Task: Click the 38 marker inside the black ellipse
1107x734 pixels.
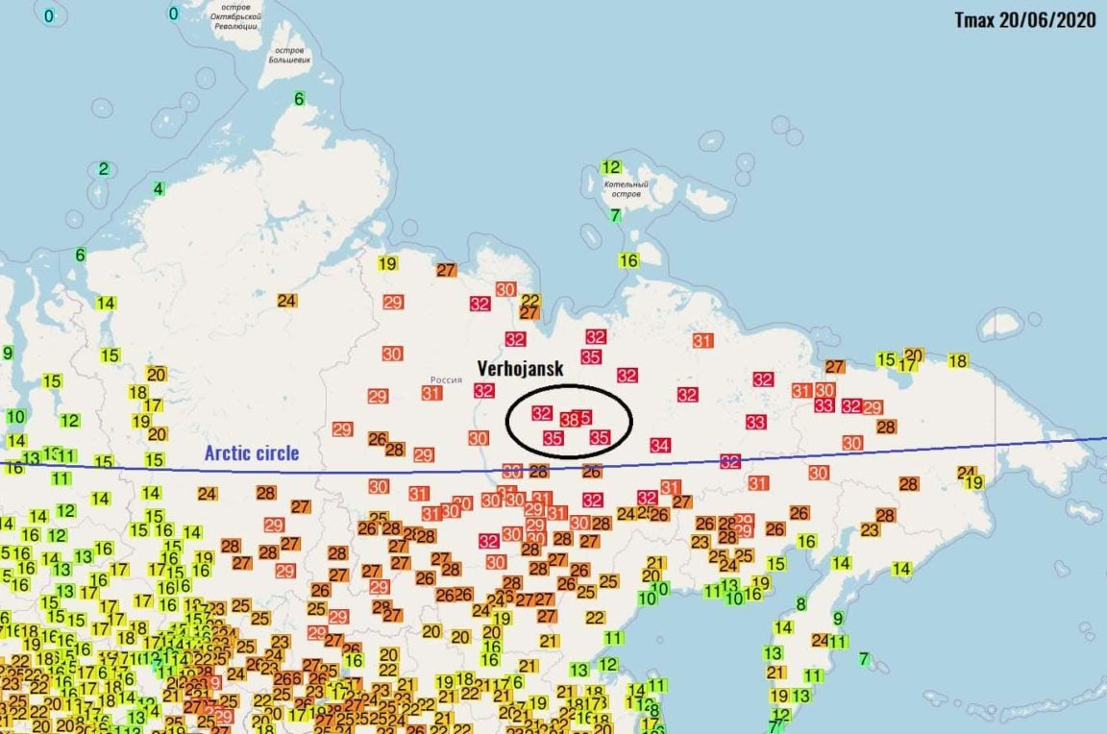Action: pyautogui.click(x=569, y=420)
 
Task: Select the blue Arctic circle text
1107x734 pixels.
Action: pyautogui.click(x=252, y=453)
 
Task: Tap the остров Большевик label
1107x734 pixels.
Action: pyautogui.click(x=288, y=56)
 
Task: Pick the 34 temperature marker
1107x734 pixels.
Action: pyautogui.click(x=659, y=445)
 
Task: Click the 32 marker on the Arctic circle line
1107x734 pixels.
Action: pyautogui.click(x=730, y=461)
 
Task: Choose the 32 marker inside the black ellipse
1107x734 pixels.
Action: pyautogui.click(x=542, y=413)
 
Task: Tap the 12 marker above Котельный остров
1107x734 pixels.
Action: pyautogui.click(x=611, y=167)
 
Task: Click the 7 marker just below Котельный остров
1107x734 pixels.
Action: pyautogui.click(x=615, y=215)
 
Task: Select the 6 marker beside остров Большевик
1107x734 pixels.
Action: pyautogui.click(x=299, y=99)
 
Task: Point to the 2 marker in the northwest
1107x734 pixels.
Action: pyautogui.click(x=104, y=169)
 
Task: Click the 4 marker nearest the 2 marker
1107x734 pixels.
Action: pyautogui.click(x=159, y=188)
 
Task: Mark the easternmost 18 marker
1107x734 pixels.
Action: pyautogui.click(x=957, y=361)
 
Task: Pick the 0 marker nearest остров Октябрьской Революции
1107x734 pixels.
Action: pyautogui.click(x=174, y=13)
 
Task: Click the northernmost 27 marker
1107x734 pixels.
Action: pyautogui.click(x=446, y=270)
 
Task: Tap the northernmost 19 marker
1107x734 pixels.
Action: pyautogui.click(x=387, y=264)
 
